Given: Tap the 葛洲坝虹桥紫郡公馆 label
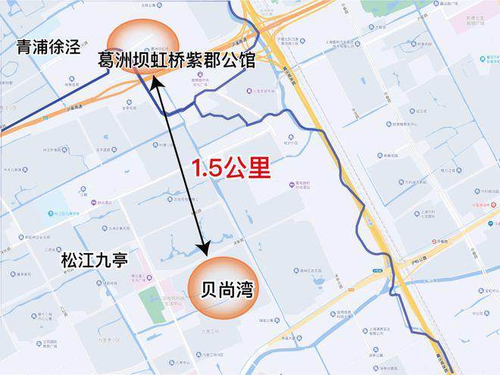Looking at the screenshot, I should [177, 61].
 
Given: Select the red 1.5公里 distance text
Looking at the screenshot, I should [230, 168].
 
